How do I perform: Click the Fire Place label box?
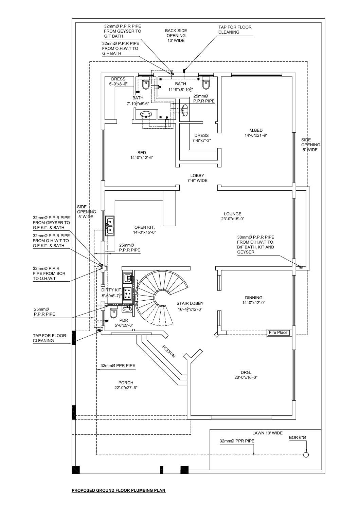pyautogui.click(x=278, y=333)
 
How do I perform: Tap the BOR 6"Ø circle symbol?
pyautogui.click(x=306, y=455)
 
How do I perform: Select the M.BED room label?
pyautogui.click(x=256, y=133)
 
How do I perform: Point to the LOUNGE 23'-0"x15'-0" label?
pyautogui.click(x=233, y=216)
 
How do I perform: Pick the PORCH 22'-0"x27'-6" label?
pyautogui.click(x=126, y=385)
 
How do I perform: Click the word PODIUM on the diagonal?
pyautogui.click(x=169, y=352)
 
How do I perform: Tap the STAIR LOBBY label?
pyautogui.click(x=190, y=306)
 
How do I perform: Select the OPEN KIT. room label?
pyautogui.click(x=144, y=230)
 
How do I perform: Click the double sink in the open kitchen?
pyautogui.click(x=110, y=226)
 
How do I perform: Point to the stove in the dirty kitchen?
pyautogui.click(x=128, y=294)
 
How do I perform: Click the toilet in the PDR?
pyautogui.click(x=113, y=312)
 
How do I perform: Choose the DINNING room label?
pyautogui.click(x=253, y=300)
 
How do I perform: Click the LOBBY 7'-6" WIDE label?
pyautogui.click(x=197, y=178)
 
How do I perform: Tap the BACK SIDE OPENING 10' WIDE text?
pyautogui.click(x=176, y=35)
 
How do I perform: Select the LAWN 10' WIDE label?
pyautogui.click(x=267, y=433)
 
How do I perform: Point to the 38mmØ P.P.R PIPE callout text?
pyautogui.click(x=255, y=245)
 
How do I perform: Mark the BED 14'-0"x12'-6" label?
pyautogui.click(x=142, y=155)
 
